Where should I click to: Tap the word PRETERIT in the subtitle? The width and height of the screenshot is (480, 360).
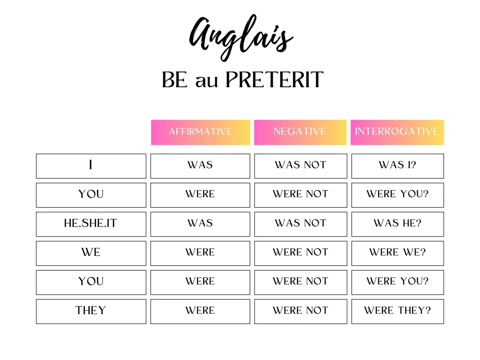(x=275, y=80)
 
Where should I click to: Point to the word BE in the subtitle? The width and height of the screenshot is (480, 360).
(x=174, y=80)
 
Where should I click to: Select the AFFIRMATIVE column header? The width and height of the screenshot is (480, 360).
(x=200, y=132)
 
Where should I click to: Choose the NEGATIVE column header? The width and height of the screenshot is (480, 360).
(x=300, y=132)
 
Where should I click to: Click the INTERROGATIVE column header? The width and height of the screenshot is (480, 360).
(x=397, y=132)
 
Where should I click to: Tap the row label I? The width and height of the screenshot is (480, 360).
(x=91, y=166)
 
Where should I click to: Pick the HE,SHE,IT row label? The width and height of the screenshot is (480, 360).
(x=91, y=224)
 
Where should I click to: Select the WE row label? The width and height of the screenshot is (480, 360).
(x=91, y=253)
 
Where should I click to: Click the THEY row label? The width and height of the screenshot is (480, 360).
(x=91, y=311)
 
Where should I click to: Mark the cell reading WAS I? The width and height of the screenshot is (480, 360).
(x=397, y=166)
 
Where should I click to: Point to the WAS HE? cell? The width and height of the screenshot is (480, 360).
(x=397, y=224)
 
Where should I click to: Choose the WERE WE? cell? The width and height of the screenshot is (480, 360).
(x=397, y=253)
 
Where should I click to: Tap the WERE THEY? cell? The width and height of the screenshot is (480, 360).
(x=397, y=311)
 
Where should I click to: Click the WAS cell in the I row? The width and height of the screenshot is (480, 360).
(x=200, y=166)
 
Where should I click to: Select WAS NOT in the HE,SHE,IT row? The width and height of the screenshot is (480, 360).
(x=301, y=224)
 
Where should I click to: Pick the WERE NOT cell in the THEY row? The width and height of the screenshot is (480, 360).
(x=301, y=311)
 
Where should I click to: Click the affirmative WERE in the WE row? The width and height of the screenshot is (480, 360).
(x=200, y=253)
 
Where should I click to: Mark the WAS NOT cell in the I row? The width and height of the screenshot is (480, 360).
(x=301, y=166)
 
